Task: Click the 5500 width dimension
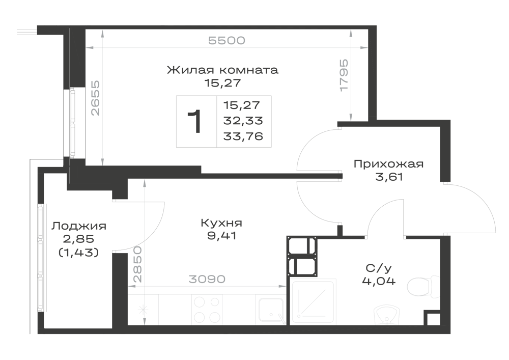[x=227, y=41]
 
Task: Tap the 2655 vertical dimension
[x=96, y=98]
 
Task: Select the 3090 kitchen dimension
[x=207, y=279]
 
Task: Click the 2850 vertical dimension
[x=137, y=264]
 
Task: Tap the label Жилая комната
[x=222, y=70]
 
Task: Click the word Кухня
[x=222, y=224]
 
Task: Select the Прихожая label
[x=388, y=164]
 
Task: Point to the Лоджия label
[x=79, y=226]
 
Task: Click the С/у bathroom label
[x=379, y=268]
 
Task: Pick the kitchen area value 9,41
[x=222, y=236]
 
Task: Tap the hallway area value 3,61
[x=389, y=177]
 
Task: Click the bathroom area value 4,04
[x=379, y=281]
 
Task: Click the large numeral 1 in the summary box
[x=195, y=121]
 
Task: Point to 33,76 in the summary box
[x=243, y=136]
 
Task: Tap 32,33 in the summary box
[x=243, y=121]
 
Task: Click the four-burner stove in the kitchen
[x=207, y=309]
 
